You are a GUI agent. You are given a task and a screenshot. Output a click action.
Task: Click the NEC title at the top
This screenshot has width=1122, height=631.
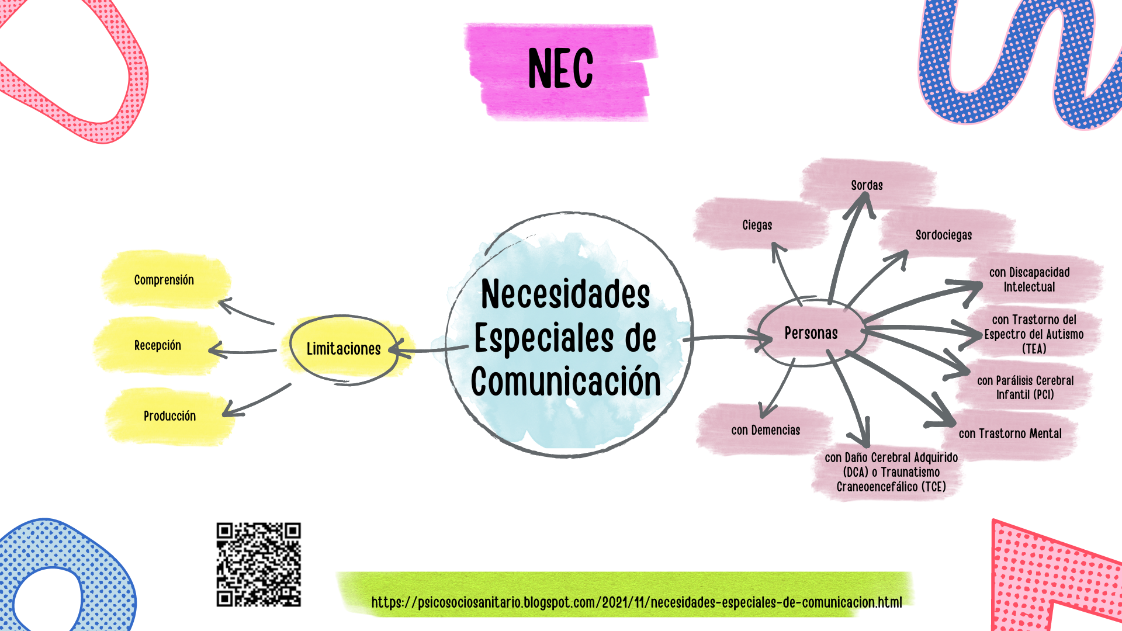[560, 69]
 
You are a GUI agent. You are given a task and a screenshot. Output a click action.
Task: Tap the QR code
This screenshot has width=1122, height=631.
[258, 564]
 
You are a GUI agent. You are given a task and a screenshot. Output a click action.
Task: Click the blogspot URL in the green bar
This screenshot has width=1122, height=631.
[636, 602]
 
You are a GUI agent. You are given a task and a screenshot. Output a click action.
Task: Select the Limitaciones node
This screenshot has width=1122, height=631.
[344, 349]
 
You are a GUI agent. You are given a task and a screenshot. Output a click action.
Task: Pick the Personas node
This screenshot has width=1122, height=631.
[811, 333]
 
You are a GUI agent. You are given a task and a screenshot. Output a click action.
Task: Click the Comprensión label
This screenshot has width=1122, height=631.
[164, 280]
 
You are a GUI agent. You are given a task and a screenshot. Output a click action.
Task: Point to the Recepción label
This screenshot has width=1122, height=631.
[158, 345]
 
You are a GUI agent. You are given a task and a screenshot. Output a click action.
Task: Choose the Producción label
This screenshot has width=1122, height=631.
[169, 416]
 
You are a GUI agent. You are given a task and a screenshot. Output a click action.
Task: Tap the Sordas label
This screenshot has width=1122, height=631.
[867, 185]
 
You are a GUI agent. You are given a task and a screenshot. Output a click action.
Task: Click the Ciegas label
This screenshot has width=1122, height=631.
[757, 225]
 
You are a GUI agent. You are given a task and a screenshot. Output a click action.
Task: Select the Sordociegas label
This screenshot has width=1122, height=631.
[944, 235]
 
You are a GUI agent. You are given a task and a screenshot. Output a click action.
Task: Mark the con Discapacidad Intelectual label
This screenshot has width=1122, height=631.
[1029, 279]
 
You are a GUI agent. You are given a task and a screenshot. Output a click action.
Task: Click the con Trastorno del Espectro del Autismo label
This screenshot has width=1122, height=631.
[1034, 334]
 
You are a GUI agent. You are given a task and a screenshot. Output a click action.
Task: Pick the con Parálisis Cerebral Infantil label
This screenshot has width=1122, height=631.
[1025, 387]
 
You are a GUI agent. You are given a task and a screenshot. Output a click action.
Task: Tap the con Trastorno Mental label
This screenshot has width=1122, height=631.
[1010, 434]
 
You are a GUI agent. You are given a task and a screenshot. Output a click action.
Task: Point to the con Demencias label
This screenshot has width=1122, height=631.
[766, 430]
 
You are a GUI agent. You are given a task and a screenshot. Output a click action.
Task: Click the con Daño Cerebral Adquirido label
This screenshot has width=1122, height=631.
[891, 472]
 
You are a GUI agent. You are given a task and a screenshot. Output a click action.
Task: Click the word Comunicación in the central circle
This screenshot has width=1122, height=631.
[566, 382]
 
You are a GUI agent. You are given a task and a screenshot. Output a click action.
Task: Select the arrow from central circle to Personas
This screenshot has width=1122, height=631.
[728, 338]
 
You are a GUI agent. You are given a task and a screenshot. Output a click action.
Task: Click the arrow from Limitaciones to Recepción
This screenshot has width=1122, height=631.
[243, 351]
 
